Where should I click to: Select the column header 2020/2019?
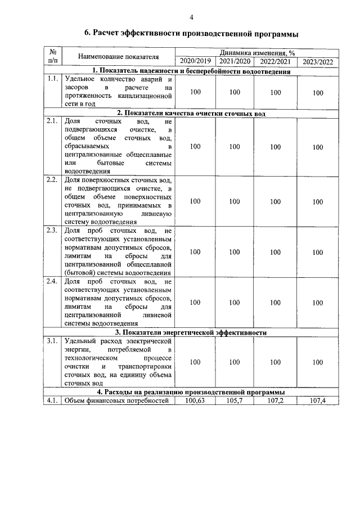tap(195, 61)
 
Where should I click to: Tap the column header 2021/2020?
tap(235, 61)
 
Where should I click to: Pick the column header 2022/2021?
tap(275, 61)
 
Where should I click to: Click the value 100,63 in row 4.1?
tap(195, 400)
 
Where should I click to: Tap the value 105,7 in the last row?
tap(235, 400)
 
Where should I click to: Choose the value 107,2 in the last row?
tap(275, 400)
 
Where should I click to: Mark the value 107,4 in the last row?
tap(318, 400)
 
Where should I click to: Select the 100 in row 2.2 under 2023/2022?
tap(318, 201)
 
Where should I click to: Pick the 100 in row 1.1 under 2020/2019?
tap(195, 92)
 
